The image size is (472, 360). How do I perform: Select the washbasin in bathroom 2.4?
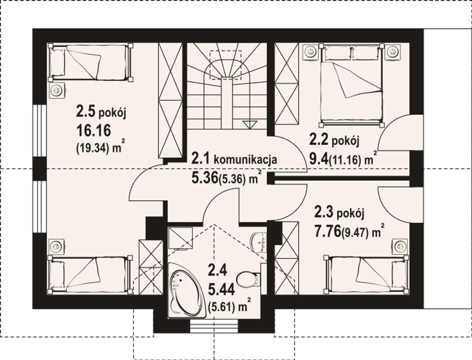coord(259,242)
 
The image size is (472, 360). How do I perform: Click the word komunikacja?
coord(245,160)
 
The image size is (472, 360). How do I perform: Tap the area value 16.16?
coord(94,131)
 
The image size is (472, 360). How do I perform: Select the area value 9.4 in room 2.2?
coord(319,159)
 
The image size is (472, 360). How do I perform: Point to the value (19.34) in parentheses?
coord(92,148)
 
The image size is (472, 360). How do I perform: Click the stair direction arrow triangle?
coord(250,125)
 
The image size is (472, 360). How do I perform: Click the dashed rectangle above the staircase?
coord(225,65)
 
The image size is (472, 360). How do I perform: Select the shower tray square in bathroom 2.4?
coord(180,238)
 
